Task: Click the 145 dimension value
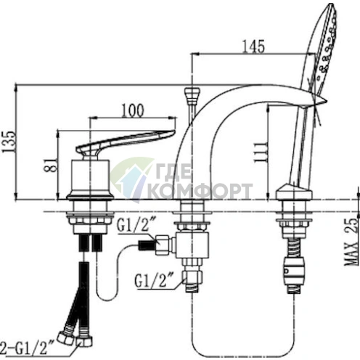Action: point(253,46)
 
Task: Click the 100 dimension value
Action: point(133,110)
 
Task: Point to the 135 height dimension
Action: point(9,142)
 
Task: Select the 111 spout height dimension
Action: point(261,152)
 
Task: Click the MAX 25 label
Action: point(351,242)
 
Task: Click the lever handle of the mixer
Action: point(121,142)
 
